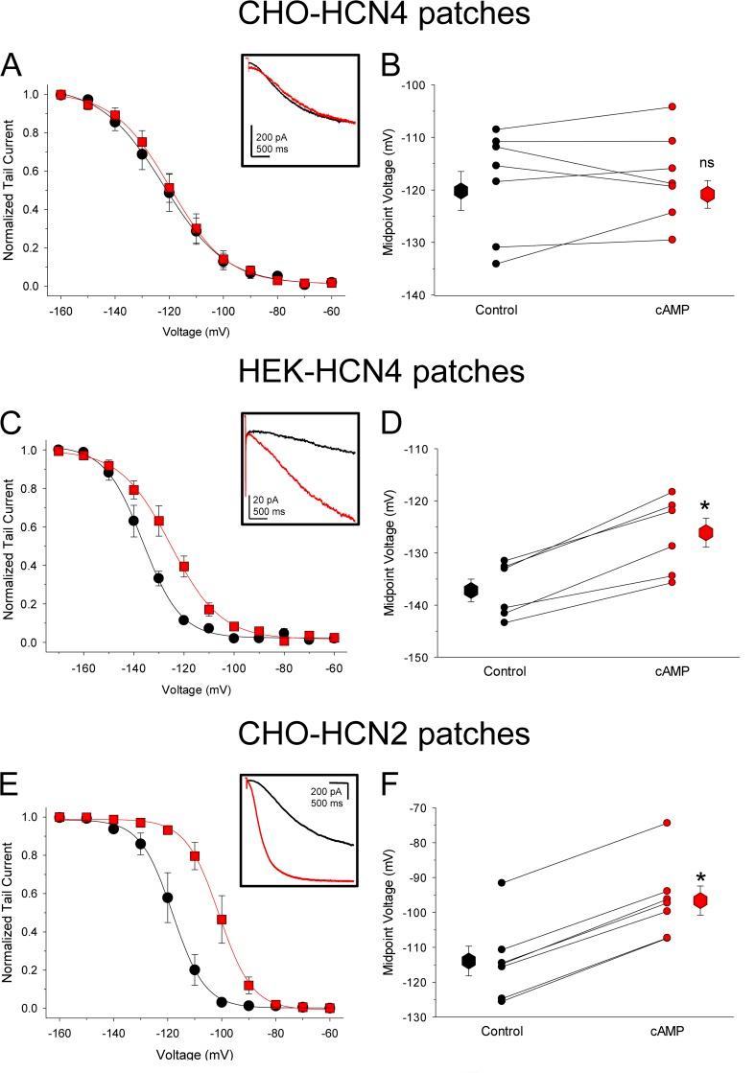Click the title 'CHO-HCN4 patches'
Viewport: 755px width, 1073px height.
tap(377, 19)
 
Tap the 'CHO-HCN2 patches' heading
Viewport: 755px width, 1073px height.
tap(377, 735)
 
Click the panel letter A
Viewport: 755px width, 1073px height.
tap(12, 66)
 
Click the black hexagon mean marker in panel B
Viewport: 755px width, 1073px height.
tap(461, 191)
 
